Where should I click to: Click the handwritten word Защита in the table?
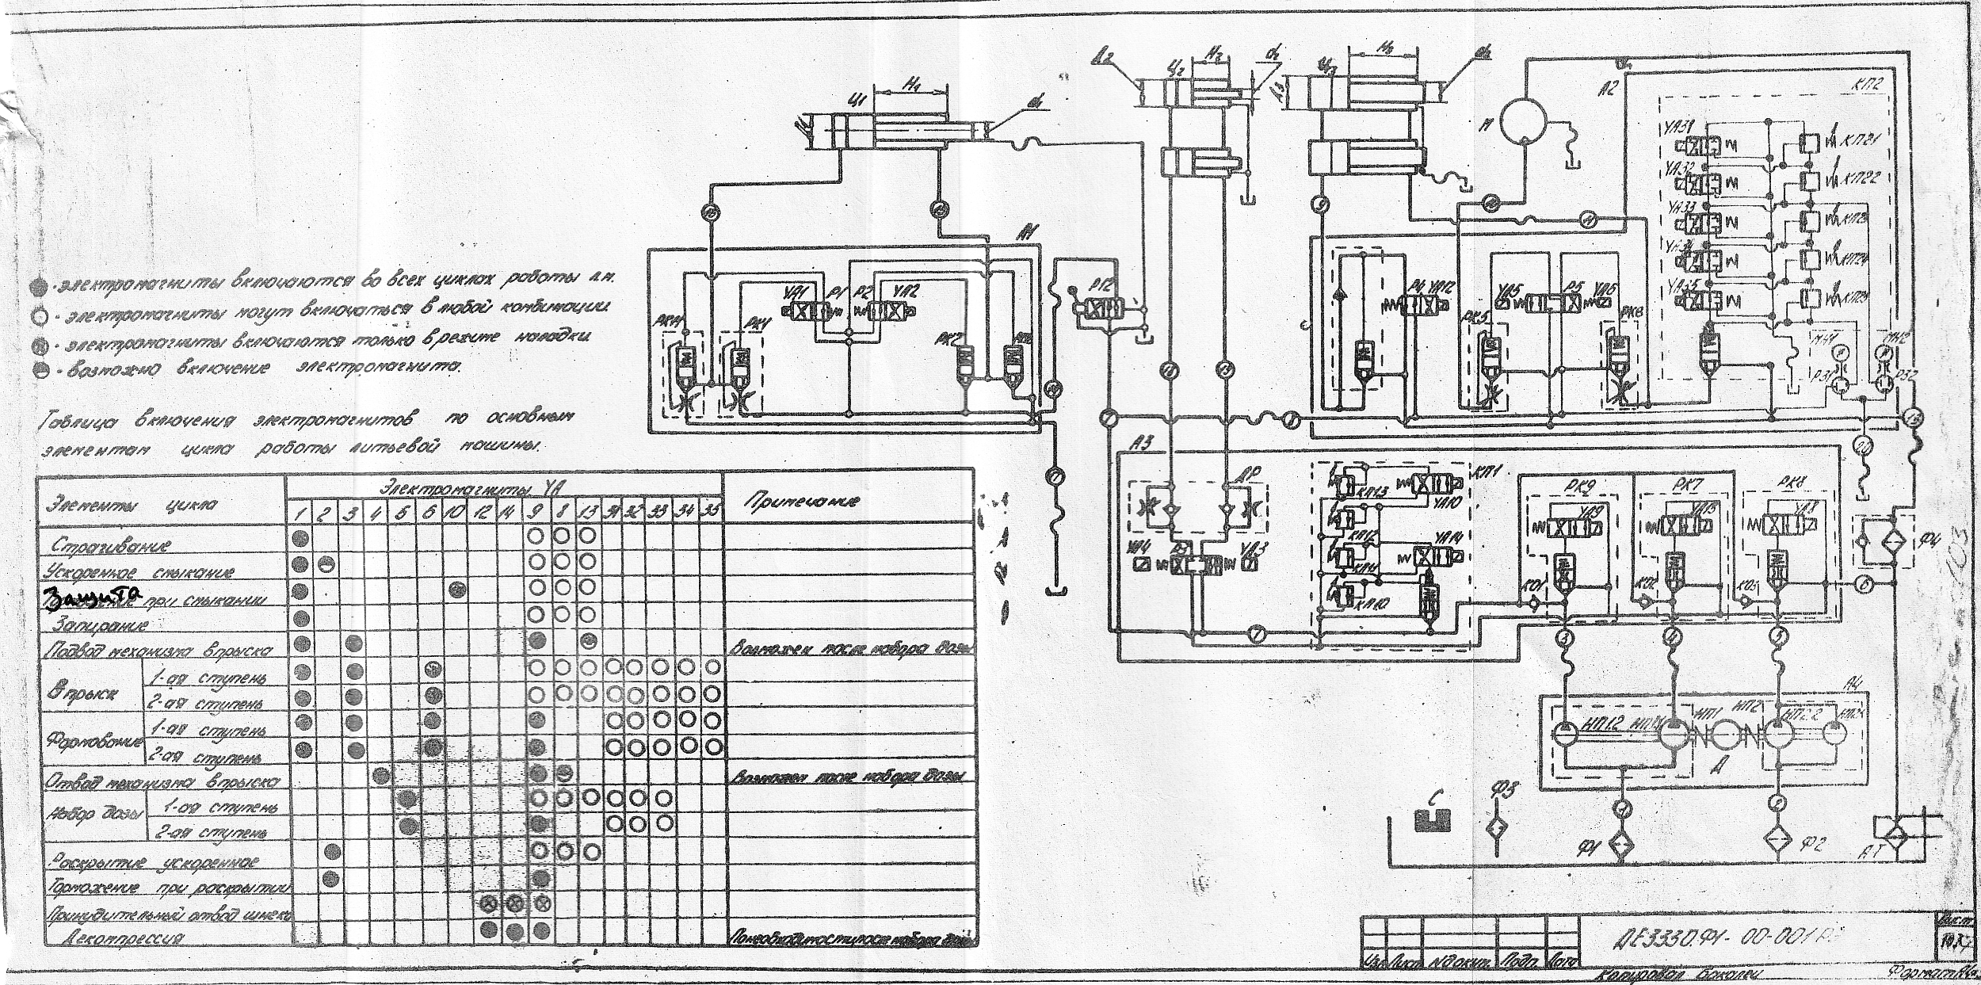[92, 595]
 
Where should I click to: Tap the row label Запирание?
[100, 625]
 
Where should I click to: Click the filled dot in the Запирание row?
[300, 617]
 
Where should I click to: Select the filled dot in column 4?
[380, 773]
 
